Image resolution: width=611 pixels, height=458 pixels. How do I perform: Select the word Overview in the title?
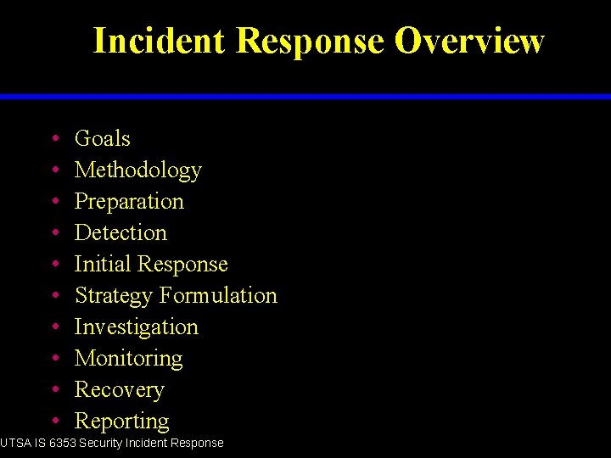tap(469, 41)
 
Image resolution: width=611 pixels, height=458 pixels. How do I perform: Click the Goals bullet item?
tap(102, 138)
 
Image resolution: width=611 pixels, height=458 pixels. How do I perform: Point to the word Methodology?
tap(137, 170)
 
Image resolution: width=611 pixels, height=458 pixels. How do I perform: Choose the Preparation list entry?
tap(129, 202)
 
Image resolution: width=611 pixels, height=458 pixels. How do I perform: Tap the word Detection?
tap(121, 232)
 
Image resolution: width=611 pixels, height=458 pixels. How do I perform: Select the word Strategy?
tap(114, 296)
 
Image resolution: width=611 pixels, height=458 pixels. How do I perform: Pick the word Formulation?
tap(219, 295)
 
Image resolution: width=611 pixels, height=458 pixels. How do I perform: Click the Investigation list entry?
tap(136, 327)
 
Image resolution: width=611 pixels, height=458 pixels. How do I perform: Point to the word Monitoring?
tap(128, 359)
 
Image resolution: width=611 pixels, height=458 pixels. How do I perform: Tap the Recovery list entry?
tap(119, 390)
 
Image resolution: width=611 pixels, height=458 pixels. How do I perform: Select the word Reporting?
tap(121, 422)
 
